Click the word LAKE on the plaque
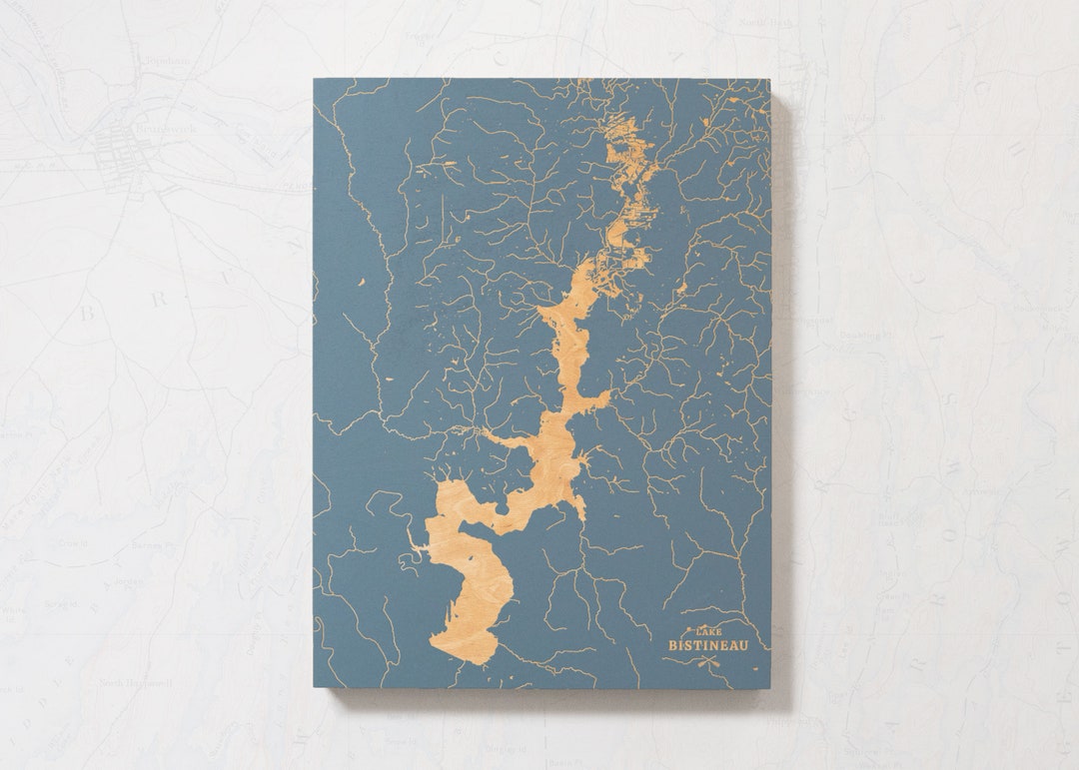(707, 632)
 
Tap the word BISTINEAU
(707, 645)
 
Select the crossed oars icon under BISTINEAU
(707, 660)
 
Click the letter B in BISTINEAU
(673, 645)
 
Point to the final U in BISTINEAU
(741, 645)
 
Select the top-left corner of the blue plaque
(315, 80)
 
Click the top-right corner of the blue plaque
(770, 81)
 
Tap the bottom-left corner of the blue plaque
(315, 688)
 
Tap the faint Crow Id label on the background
(71, 543)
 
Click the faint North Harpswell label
(131, 683)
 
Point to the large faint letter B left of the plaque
(87, 314)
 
